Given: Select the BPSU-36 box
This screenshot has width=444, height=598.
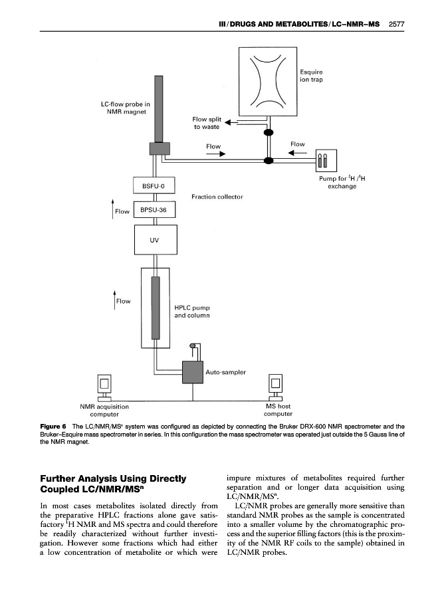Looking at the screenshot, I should coord(154,211).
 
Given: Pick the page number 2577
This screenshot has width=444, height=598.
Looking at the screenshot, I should coord(396,25).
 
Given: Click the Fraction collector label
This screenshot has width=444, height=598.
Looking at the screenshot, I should coord(217,197).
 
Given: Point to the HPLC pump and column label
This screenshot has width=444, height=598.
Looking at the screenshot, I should coord(192,312).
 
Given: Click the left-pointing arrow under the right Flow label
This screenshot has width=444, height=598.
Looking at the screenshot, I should coord(296,153).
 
